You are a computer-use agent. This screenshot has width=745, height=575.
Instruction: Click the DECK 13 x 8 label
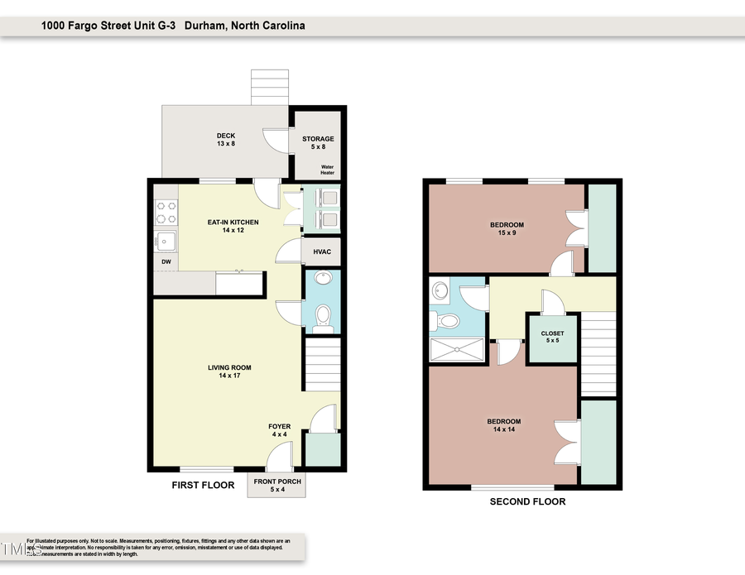(x=226, y=139)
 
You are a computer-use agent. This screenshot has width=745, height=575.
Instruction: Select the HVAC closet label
(x=323, y=252)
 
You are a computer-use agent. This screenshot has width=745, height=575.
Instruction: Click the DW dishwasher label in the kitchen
(x=166, y=262)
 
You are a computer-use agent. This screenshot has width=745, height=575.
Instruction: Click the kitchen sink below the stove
(x=166, y=242)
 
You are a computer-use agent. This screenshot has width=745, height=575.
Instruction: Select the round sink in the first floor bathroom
(x=323, y=278)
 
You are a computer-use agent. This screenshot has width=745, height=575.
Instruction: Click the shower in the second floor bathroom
(x=458, y=349)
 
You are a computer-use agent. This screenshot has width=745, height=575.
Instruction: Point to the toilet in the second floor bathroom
(x=448, y=321)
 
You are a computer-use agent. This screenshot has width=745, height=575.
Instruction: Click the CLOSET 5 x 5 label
(x=553, y=337)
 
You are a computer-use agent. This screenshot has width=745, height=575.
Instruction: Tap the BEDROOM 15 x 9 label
(x=507, y=229)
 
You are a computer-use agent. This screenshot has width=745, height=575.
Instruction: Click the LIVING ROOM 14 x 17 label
(x=229, y=371)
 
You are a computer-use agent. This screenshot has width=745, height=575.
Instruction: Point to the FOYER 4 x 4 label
(x=279, y=430)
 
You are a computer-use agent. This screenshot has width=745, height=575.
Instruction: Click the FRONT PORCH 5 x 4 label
(x=277, y=486)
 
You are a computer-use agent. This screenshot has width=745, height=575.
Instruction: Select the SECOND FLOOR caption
(x=527, y=502)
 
